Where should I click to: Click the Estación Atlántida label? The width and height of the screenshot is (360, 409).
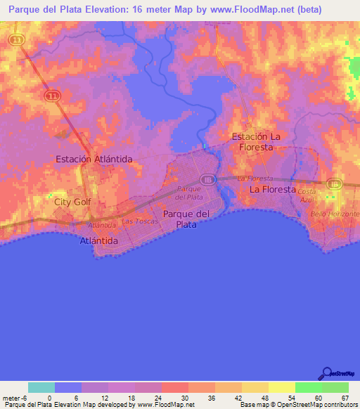tap(94, 160)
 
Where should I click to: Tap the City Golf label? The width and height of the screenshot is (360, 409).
tap(73, 202)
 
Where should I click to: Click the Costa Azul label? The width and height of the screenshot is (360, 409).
tap(307, 195)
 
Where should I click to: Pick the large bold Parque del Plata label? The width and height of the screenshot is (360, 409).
tap(186, 219)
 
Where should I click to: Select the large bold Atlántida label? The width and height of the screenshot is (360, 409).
tap(98, 240)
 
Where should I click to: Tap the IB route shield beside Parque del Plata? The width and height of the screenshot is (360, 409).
tap(207, 180)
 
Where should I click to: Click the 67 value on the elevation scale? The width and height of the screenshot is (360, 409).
tap(345, 398)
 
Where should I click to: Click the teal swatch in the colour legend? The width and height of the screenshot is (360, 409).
tap(41, 387)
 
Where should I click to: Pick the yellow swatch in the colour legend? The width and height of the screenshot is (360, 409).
tap(282, 387)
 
